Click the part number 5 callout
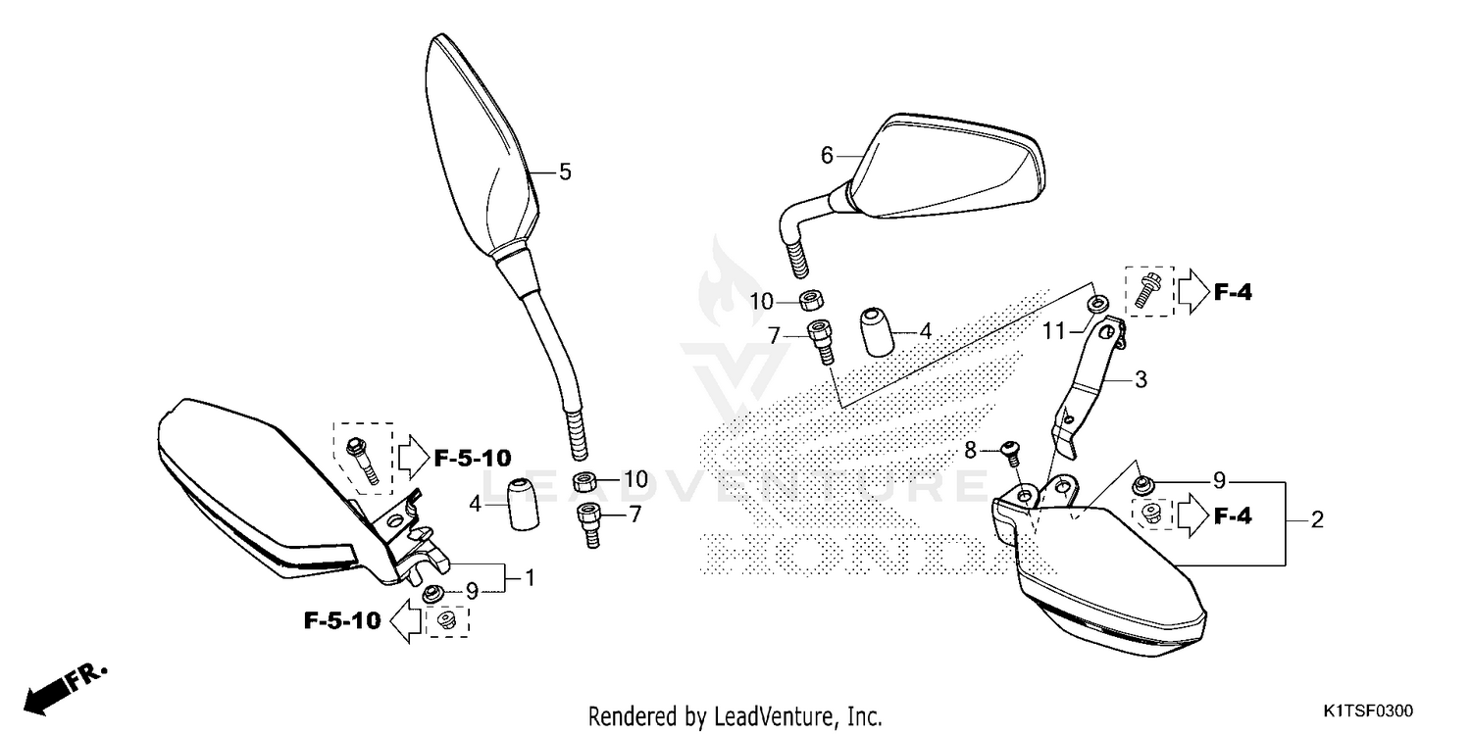tap(565, 171)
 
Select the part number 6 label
tap(827, 155)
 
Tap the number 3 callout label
tap(1141, 379)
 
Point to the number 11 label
tap(1053, 332)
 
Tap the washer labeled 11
tap(1097, 300)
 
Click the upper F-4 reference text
tap(1233, 291)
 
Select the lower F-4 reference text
tap(1233, 515)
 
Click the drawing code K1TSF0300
tap(1371, 709)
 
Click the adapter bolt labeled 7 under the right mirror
tap(820, 340)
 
